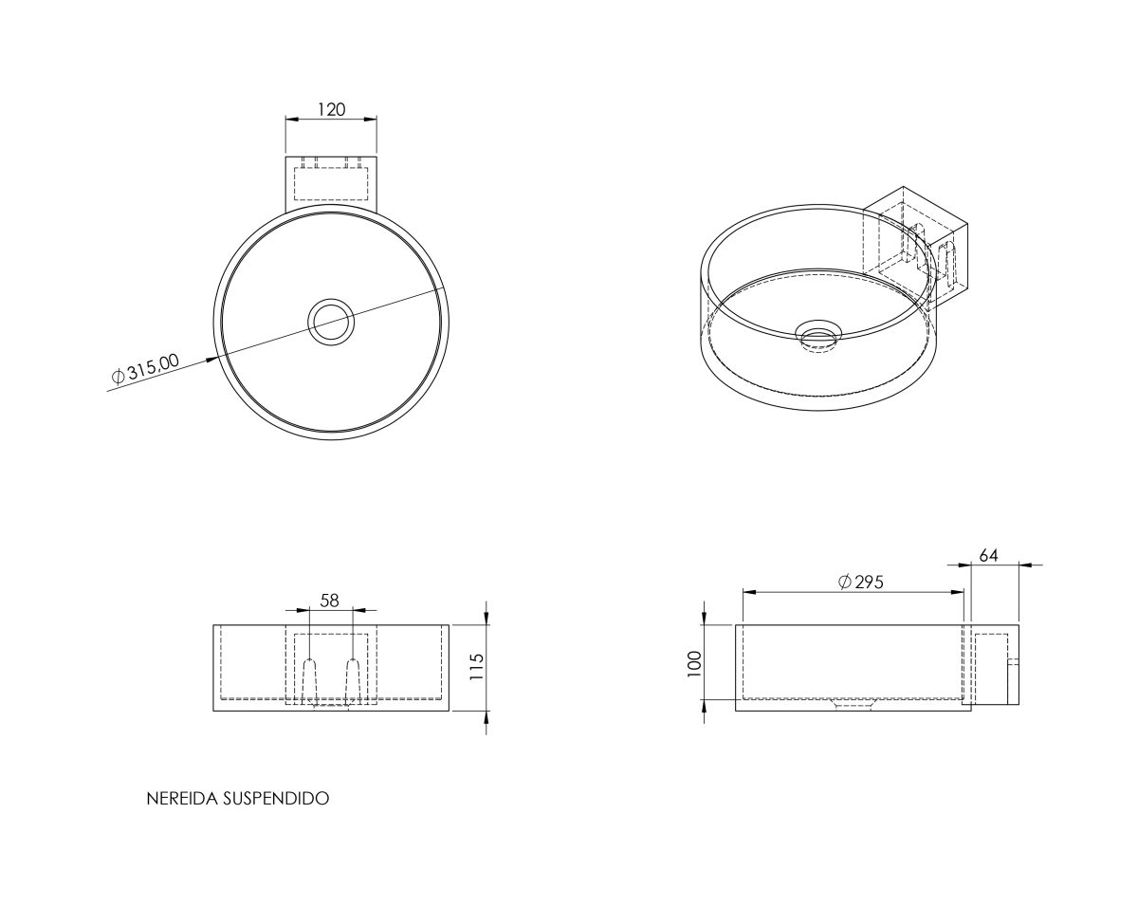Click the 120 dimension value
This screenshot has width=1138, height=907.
pyautogui.click(x=331, y=109)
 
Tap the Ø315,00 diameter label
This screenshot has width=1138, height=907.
pyautogui.click(x=146, y=368)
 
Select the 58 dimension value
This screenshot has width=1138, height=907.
pyautogui.click(x=329, y=600)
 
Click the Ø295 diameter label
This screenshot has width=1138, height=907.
pyautogui.click(x=861, y=583)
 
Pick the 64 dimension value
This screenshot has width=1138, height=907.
pyautogui.click(x=988, y=555)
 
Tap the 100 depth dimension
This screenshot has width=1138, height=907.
pyautogui.click(x=694, y=663)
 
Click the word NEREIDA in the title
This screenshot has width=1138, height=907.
pyautogui.click(x=181, y=799)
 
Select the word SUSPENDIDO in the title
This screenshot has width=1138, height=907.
pyautogui.click(x=276, y=799)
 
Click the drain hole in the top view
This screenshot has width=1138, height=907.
pyautogui.click(x=331, y=322)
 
